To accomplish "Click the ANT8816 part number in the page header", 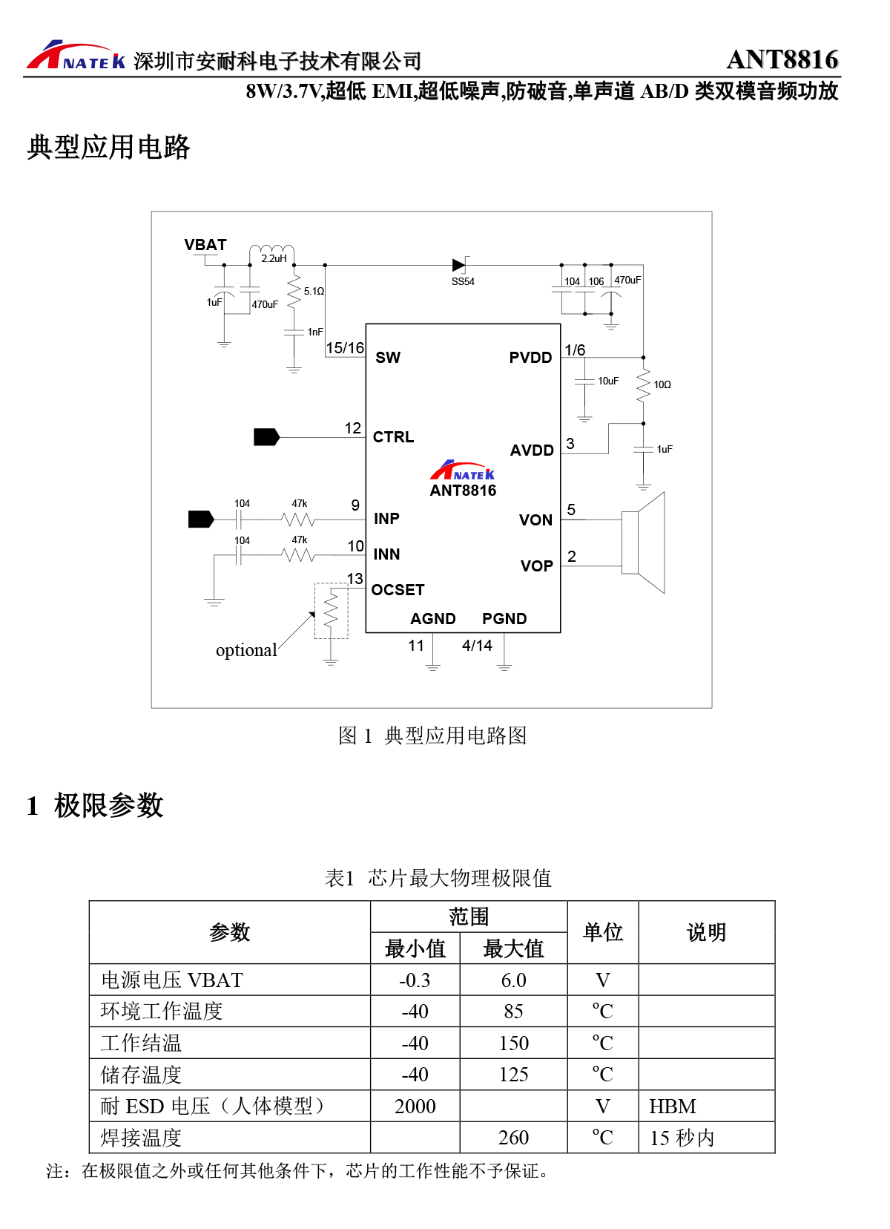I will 782,59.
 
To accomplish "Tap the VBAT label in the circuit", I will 205,245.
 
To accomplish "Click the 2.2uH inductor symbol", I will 271,250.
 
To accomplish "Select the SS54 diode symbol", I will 459,264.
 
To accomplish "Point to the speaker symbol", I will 643,543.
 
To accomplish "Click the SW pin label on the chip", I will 388,358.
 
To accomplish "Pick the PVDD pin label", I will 530,358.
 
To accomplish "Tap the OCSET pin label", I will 398,590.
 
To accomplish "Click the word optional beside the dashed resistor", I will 246,650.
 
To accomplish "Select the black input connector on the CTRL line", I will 266,437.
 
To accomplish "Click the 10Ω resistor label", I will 662,384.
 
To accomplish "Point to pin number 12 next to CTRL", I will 353,428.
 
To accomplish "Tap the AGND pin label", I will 433,619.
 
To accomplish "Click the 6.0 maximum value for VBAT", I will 513,980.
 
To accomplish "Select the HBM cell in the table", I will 673,1107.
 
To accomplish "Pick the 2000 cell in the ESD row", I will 415,1107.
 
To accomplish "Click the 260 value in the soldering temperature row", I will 513,1138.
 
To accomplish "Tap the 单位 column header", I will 603,932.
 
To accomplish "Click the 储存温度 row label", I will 141,1075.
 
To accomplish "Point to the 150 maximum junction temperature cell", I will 513,1043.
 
